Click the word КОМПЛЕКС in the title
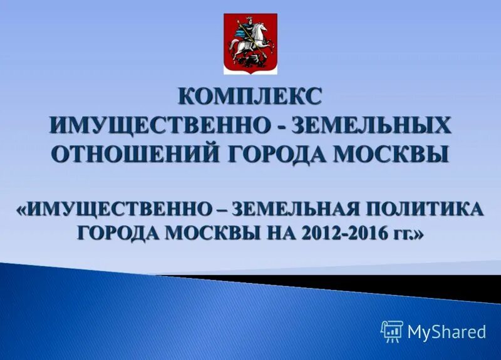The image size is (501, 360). [250, 96]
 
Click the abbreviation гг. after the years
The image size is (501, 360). [398, 233]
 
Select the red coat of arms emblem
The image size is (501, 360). [250, 44]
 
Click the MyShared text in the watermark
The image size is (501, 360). [447, 332]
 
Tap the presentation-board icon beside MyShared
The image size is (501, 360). [391, 331]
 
